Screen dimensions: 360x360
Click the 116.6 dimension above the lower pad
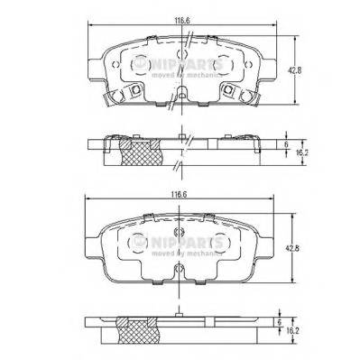(x=184, y=192)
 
